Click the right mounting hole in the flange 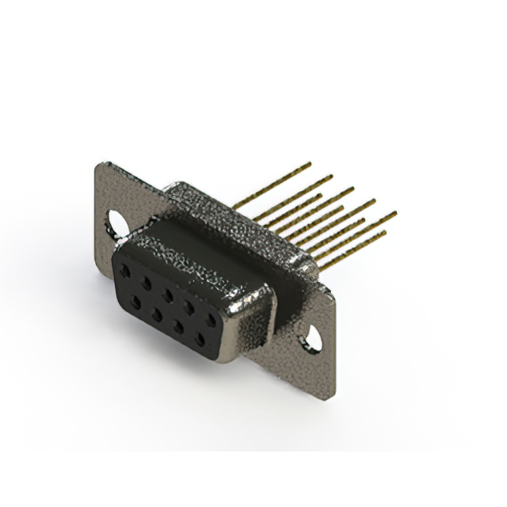click(x=315, y=337)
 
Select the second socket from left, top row click(x=146, y=281)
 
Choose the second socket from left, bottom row click(x=156, y=310)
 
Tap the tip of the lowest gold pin click(x=385, y=232)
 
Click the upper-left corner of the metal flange click(x=98, y=164)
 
